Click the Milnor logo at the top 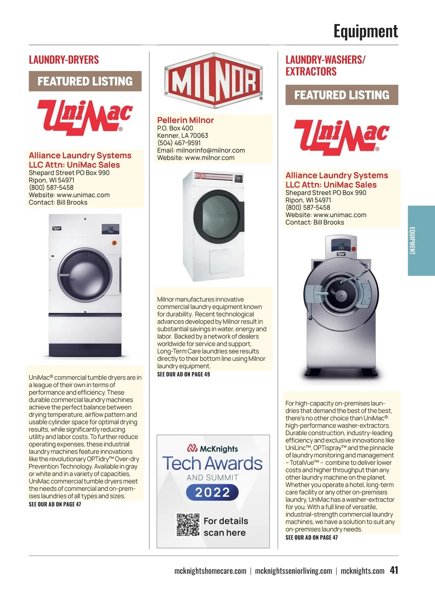[x=214, y=81]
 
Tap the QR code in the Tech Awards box [x=188, y=525]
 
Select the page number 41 [x=394, y=570]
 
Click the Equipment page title [x=365, y=31]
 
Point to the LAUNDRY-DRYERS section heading [x=64, y=60]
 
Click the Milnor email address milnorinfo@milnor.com [x=210, y=151]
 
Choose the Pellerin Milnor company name [x=185, y=120]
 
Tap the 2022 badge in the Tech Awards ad [x=212, y=492]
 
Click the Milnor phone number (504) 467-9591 [x=179, y=143]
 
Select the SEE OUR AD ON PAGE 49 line [x=183, y=374]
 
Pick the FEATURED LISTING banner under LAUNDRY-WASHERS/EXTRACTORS [x=341, y=95]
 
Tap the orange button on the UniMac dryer [x=115, y=243]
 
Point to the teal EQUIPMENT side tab [x=421, y=241]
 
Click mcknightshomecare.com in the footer [x=210, y=571]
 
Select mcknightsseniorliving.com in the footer [x=293, y=571]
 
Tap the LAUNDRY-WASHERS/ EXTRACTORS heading [x=325, y=65]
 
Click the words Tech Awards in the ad [x=212, y=463]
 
